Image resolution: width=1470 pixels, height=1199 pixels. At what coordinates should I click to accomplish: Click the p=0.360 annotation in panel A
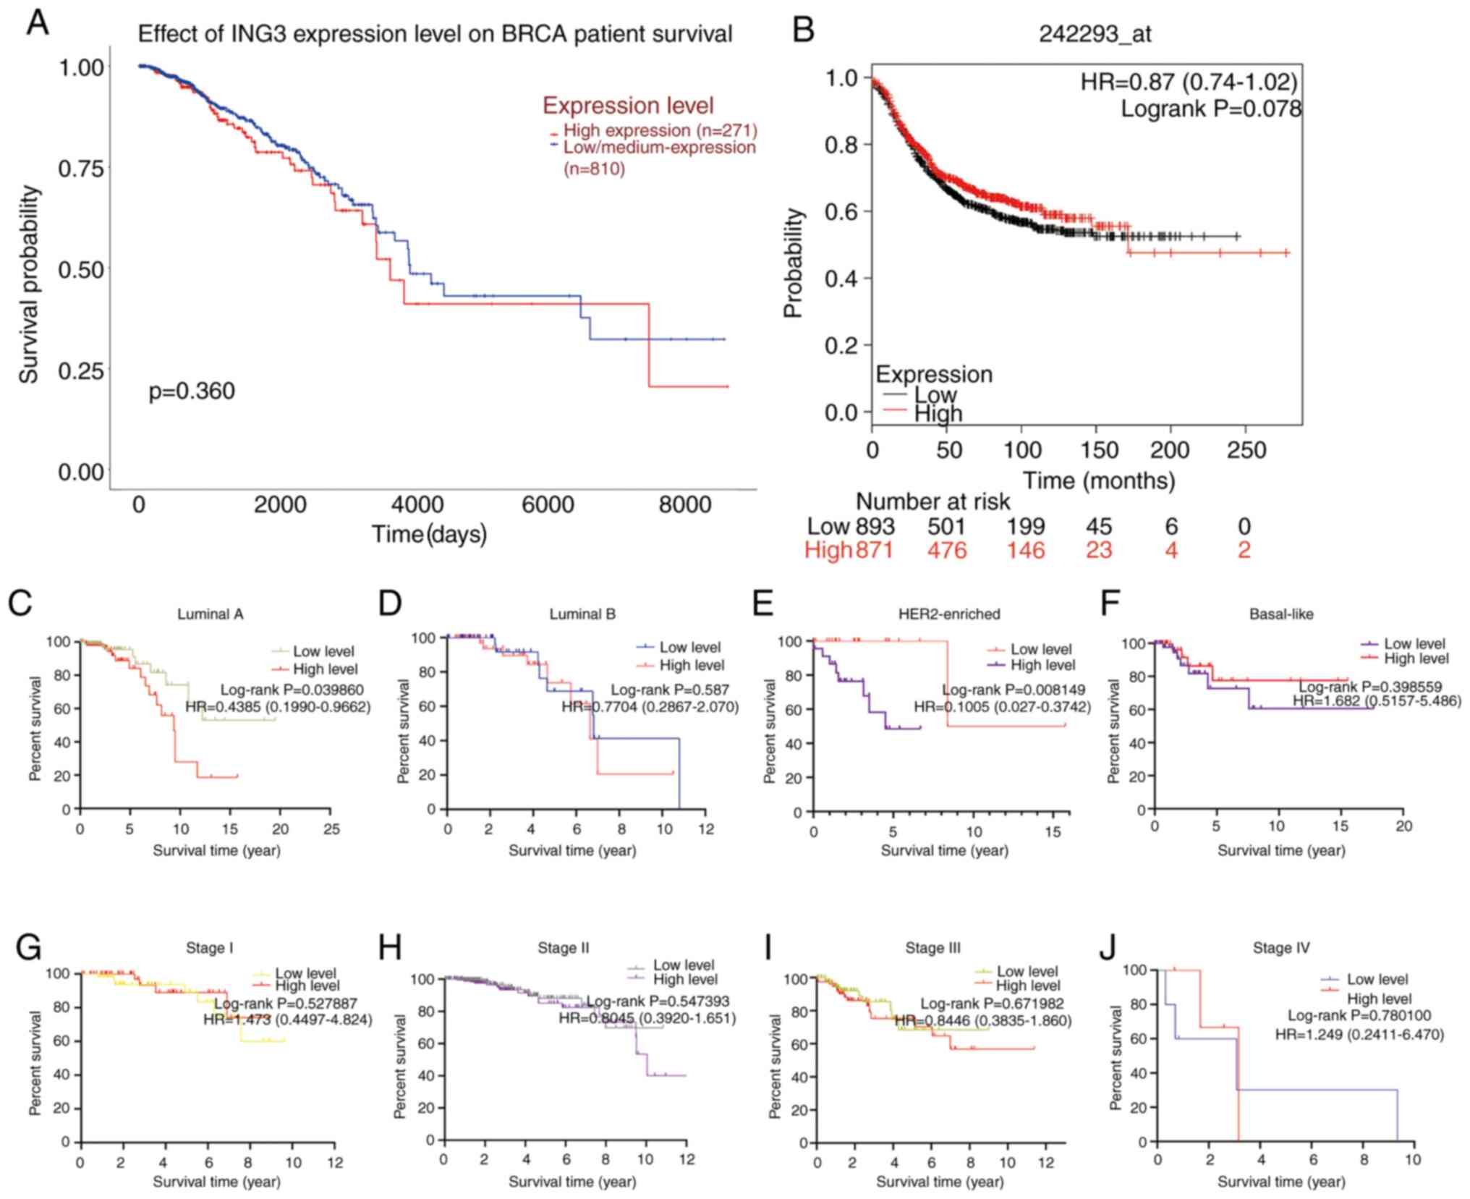pyautogui.click(x=192, y=391)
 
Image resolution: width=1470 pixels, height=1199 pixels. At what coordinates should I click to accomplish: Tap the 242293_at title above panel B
pyautogui.click(x=1095, y=34)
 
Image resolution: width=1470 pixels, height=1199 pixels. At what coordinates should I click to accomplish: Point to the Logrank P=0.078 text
pyautogui.click(x=1210, y=109)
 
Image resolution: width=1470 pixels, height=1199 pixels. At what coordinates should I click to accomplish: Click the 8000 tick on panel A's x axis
pyautogui.click(x=684, y=504)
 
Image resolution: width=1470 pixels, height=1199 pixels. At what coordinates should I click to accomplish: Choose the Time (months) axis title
pyautogui.click(x=1098, y=480)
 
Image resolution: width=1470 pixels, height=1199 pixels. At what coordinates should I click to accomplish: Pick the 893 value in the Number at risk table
pyautogui.click(x=875, y=526)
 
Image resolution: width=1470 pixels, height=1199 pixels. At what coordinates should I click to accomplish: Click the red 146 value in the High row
pyautogui.click(x=1026, y=551)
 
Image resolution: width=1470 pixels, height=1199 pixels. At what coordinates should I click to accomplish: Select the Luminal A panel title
pyautogui.click(x=211, y=614)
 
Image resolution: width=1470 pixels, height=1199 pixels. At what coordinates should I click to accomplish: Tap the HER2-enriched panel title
pyautogui.click(x=948, y=614)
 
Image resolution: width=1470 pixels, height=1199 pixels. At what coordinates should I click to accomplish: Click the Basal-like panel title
pyautogui.click(x=1281, y=614)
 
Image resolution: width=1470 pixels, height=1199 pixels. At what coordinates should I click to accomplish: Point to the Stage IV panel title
pyautogui.click(x=1281, y=948)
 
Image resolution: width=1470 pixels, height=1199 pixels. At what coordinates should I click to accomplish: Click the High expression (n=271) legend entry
pyautogui.click(x=660, y=131)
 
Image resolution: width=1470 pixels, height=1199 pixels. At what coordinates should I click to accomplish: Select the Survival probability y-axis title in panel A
pyautogui.click(x=29, y=284)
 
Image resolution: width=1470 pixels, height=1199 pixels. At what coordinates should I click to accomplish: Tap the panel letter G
pyautogui.click(x=27, y=948)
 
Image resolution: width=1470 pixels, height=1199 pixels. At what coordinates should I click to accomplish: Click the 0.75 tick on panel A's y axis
pyautogui.click(x=81, y=169)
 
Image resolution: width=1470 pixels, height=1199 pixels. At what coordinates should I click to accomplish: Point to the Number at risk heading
pyautogui.click(x=932, y=501)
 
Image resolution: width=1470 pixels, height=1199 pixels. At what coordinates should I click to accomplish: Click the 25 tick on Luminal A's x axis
pyautogui.click(x=331, y=829)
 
